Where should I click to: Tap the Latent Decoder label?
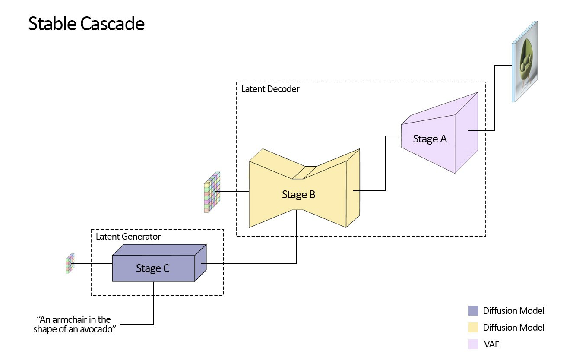tap(270, 89)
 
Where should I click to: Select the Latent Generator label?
tap(128, 237)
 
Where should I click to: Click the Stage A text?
tap(430, 139)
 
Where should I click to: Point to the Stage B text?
tap(298, 195)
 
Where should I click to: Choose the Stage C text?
tap(153, 268)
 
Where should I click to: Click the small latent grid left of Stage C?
tap(70, 263)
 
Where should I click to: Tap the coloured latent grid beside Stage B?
tap(212, 193)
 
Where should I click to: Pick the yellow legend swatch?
tap(472, 328)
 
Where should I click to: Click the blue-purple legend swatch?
tap(472, 311)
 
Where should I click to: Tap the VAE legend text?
tap(491, 344)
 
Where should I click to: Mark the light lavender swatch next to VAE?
tap(472, 344)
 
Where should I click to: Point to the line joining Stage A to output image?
tap(495, 99)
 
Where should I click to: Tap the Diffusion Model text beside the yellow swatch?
tap(513, 328)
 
